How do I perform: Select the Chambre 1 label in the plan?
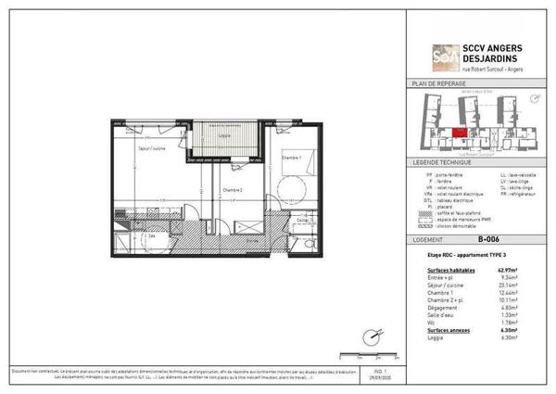pos(292,158)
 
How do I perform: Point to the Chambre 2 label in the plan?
pos(233,189)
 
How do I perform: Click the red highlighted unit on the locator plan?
pos(461,132)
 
